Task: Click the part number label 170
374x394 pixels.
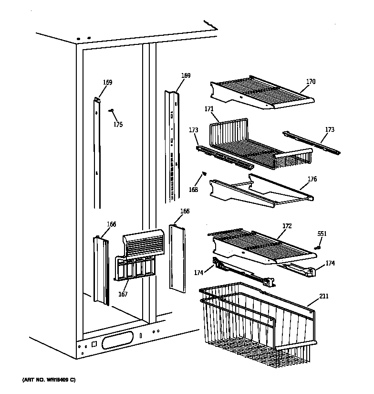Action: pos(311,82)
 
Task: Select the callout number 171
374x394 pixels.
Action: pos(209,109)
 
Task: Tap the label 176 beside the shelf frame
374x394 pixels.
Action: pos(312,179)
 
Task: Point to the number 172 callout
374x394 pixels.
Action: pos(287,225)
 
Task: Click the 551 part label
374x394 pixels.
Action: pos(322,234)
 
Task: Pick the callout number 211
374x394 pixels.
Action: pos(324,297)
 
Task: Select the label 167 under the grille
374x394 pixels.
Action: pos(123,294)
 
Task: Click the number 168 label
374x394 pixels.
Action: pos(193,190)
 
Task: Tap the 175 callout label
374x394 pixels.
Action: pos(118,125)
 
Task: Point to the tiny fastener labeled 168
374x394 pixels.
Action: pos(205,173)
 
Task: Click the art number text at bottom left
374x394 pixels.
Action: pos(49,380)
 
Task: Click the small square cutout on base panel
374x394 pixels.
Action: pos(94,344)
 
